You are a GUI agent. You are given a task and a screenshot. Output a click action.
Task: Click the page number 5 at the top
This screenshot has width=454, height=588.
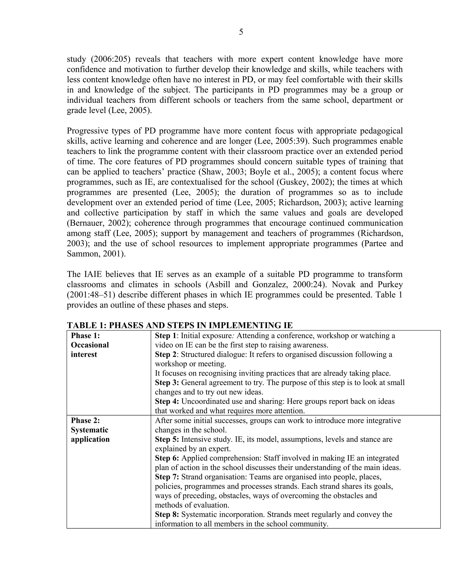click(241, 32)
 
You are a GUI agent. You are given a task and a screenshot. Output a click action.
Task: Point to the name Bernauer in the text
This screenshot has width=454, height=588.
click(86, 223)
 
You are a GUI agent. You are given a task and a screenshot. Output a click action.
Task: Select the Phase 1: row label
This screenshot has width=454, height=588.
click(85, 335)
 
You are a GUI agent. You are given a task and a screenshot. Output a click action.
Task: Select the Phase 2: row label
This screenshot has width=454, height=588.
click(85, 420)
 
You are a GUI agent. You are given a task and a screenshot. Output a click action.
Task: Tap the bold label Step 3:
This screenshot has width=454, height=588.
click(167, 383)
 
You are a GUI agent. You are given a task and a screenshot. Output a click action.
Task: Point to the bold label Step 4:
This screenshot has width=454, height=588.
click(167, 401)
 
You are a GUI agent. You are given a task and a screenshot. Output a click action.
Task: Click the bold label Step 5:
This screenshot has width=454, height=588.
click(167, 439)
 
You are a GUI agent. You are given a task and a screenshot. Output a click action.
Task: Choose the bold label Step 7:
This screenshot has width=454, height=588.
click(167, 477)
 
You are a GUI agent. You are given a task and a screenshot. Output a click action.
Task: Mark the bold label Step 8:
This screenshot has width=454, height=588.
click(167, 515)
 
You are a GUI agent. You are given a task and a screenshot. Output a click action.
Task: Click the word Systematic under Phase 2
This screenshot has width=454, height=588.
click(90, 430)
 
